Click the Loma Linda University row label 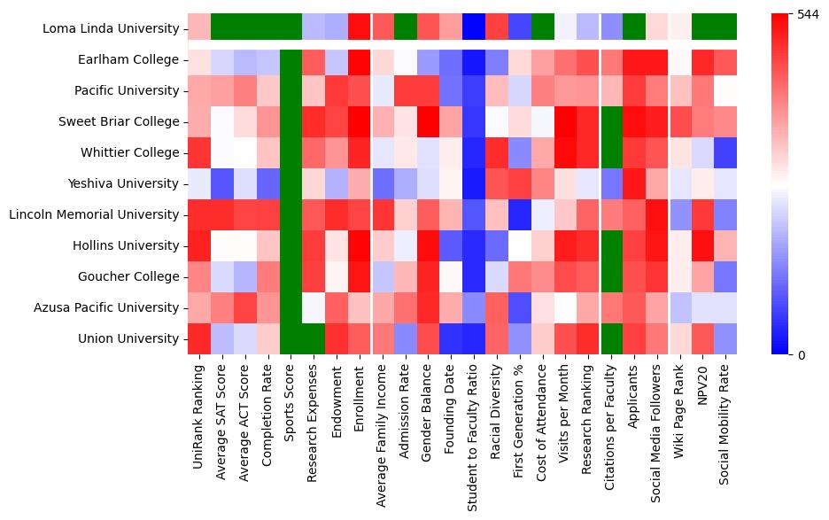pyautogui.click(x=110, y=29)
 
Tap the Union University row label pyautogui.click(x=129, y=339)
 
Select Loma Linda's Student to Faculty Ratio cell pyautogui.click(x=474, y=27)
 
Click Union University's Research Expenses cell pyautogui.click(x=314, y=338)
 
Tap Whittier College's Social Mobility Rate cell pyautogui.click(x=725, y=152)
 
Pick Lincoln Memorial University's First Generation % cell pyautogui.click(x=519, y=214)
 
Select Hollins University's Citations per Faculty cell pyautogui.click(x=611, y=245)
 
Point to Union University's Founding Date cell pyautogui.click(x=451, y=338)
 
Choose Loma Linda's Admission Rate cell pyautogui.click(x=405, y=27)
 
